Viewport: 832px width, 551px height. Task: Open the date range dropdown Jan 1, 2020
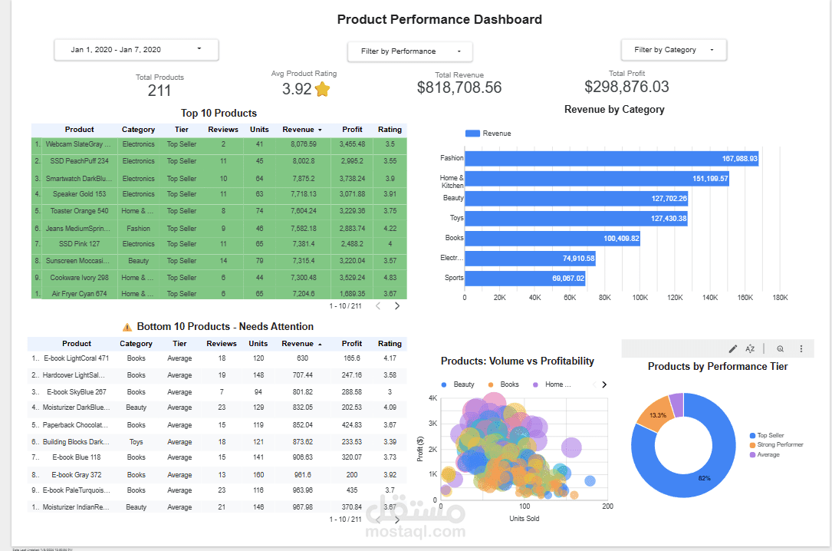point(136,50)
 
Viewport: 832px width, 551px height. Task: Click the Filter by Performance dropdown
point(409,51)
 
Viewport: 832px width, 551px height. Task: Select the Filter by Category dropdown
point(673,50)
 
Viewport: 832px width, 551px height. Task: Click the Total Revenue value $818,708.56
point(459,87)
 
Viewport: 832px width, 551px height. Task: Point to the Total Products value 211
point(159,91)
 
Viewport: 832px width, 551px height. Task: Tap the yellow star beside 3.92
point(322,89)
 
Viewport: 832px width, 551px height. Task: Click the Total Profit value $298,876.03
point(626,87)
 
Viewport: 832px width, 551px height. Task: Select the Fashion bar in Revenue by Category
point(610,158)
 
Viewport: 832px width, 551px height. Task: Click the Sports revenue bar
point(525,278)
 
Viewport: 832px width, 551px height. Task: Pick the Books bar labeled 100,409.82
point(551,238)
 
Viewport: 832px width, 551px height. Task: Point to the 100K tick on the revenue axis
point(640,297)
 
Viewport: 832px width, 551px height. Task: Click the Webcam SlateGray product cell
point(77,144)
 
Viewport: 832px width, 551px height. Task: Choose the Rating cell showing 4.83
point(390,278)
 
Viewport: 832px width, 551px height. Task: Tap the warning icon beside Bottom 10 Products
point(127,327)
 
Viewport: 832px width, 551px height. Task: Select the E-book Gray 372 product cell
point(76,474)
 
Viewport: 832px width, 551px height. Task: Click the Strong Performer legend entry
point(779,445)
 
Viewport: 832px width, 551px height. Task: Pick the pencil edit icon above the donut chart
point(732,348)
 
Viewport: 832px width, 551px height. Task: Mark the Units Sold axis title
point(524,519)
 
